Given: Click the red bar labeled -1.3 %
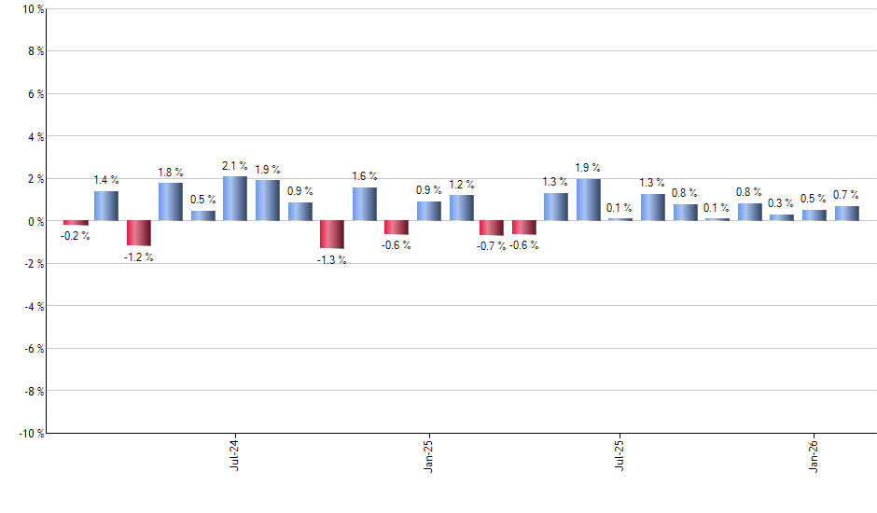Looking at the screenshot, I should pos(332,235).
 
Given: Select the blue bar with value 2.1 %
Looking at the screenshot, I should pos(235,199).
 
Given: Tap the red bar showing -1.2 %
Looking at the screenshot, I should pos(139,233).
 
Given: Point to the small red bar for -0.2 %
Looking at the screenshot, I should pos(75,223).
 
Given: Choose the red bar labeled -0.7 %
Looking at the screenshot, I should pos(492,229).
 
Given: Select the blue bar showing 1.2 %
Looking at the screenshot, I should pos(462,208).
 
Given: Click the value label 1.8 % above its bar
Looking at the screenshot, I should pos(171,173).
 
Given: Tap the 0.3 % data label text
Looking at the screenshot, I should pos(782,203).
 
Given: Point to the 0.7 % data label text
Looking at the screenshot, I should pos(846,195).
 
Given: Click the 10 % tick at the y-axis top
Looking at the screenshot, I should pos(33,9).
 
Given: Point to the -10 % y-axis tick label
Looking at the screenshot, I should pos(30,433).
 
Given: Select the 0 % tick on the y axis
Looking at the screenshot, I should pos(35,221).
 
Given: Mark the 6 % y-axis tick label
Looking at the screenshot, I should pos(35,94).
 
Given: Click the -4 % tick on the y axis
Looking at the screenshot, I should pos(34,306).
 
